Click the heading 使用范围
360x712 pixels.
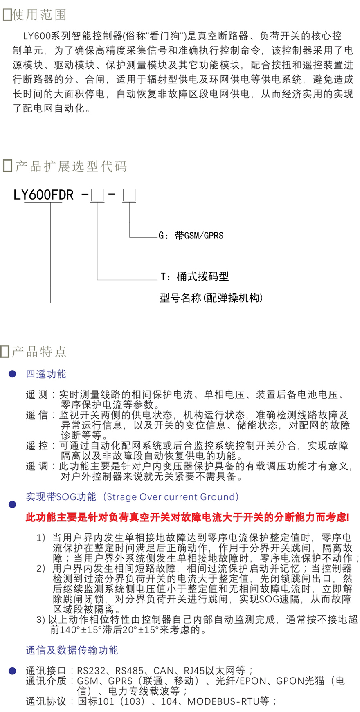point(39,15)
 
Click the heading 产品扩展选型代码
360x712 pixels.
point(71,166)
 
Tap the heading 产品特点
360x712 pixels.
point(39,351)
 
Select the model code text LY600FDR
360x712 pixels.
point(43,195)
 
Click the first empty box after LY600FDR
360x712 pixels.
point(97,195)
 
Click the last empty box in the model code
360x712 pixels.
point(129,195)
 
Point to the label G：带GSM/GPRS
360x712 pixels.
point(191,236)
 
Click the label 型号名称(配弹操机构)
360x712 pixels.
point(211,298)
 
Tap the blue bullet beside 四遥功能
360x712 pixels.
point(13,374)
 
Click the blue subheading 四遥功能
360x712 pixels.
point(46,374)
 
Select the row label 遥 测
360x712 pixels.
point(37,395)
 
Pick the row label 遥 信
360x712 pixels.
point(37,415)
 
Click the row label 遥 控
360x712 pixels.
point(37,446)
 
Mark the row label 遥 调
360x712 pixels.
point(37,466)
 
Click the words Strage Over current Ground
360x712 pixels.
point(171,497)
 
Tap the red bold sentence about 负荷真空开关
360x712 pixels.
point(187,518)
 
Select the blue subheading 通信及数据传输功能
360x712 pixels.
point(72,650)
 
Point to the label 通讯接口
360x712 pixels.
point(46,671)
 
